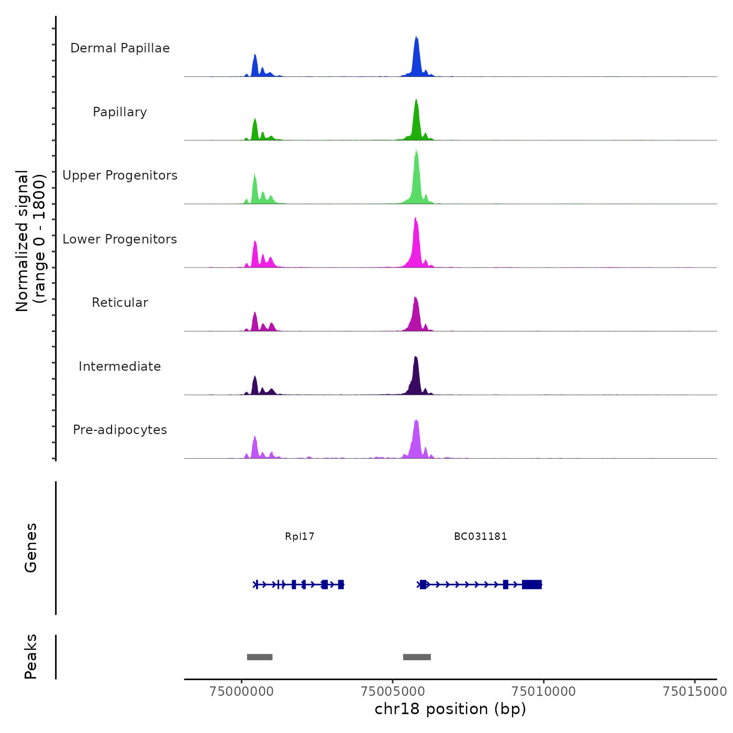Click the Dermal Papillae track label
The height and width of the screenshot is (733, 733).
point(120,48)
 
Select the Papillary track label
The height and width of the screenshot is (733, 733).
point(120,112)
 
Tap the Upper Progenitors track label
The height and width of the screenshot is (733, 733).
point(120,175)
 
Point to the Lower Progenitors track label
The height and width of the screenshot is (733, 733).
point(120,239)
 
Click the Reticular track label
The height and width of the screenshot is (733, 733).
point(120,303)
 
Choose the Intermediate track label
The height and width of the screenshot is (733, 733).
point(120,366)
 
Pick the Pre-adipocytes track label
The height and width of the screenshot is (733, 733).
point(120,430)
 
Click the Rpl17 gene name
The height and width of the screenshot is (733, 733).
point(299,537)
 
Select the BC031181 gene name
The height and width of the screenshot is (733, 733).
point(480,537)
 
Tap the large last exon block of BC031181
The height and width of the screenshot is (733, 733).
point(531,584)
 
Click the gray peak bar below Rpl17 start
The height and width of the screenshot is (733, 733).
point(260,657)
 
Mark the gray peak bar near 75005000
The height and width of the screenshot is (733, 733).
point(417,657)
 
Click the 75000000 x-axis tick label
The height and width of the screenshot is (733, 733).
point(241,692)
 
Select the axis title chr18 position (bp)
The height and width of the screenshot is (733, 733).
point(450,709)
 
